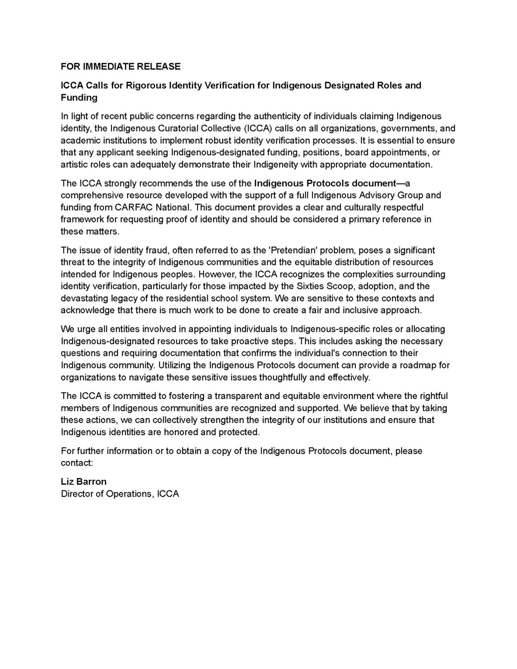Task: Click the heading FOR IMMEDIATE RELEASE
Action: click(121, 66)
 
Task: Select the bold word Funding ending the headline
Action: click(79, 97)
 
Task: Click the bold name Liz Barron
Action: click(84, 482)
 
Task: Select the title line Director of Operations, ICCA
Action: click(120, 494)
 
